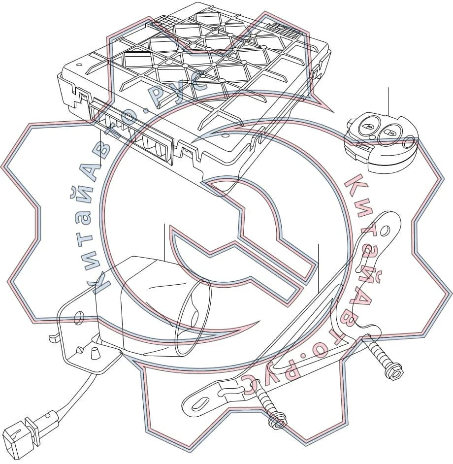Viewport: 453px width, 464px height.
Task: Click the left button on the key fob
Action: click(368, 126)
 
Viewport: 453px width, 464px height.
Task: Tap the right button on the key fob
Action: click(389, 133)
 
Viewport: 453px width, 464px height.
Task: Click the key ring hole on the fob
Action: click(410, 139)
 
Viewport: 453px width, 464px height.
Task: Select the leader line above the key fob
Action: click(388, 101)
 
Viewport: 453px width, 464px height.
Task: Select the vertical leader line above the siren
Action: click(164, 242)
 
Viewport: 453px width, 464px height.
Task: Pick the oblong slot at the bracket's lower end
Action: click(201, 404)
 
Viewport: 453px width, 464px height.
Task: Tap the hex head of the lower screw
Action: click(277, 423)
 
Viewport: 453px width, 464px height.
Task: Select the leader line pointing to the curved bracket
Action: click(318, 268)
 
